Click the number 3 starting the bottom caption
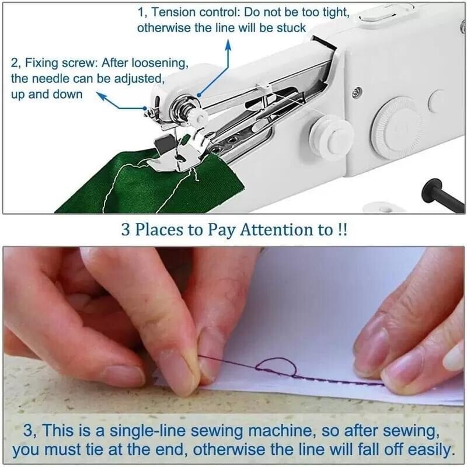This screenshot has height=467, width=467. tap(28, 433)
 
